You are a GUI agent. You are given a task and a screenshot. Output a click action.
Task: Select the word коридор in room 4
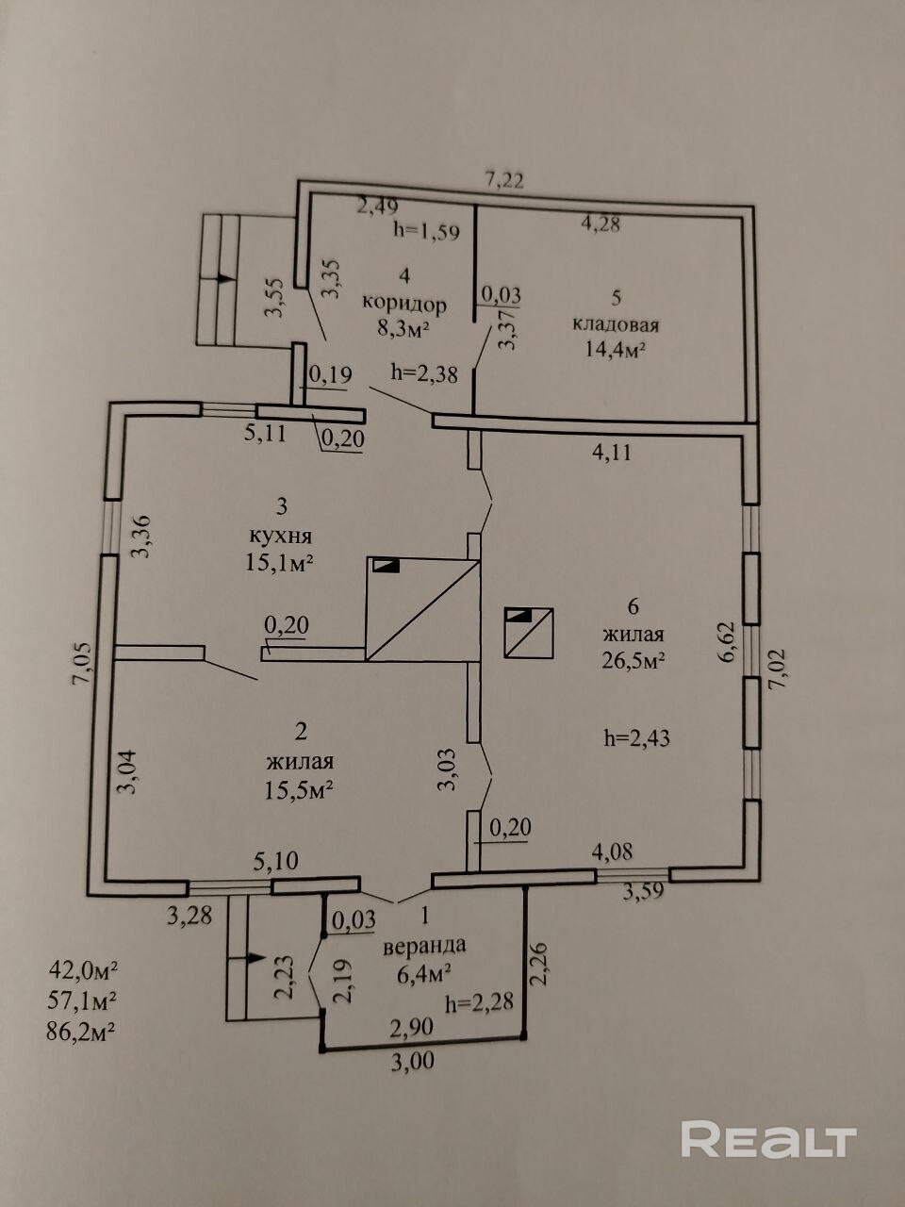(x=405, y=305)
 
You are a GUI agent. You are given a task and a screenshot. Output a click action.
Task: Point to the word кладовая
(x=616, y=324)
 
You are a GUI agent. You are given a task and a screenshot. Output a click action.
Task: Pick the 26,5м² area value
(x=633, y=660)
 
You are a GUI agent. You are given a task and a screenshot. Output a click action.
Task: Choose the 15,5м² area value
(x=299, y=790)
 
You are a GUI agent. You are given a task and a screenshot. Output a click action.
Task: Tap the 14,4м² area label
(x=615, y=350)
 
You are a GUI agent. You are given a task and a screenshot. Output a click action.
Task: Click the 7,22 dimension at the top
(x=504, y=180)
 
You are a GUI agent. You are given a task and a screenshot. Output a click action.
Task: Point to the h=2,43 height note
(x=637, y=738)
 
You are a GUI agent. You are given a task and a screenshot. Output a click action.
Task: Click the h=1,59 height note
(x=426, y=231)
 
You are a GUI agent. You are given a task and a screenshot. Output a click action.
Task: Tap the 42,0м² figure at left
(x=84, y=969)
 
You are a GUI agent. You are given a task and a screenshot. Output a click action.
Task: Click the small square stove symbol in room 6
(x=529, y=633)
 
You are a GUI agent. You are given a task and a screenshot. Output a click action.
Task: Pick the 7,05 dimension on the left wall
(x=80, y=665)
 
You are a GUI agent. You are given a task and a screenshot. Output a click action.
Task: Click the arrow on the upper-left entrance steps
(x=223, y=278)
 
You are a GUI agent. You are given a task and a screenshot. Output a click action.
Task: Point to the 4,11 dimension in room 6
(x=613, y=453)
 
